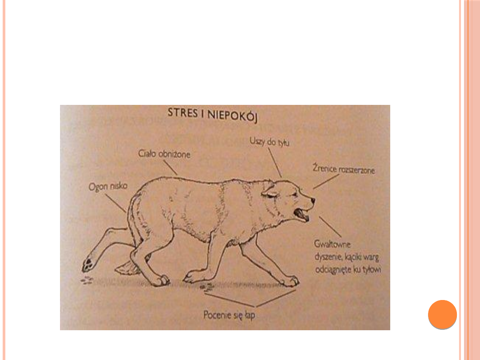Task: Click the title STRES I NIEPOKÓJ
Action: click(x=212, y=115)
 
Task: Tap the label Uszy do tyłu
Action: click(x=269, y=142)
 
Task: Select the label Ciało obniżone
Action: click(x=164, y=154)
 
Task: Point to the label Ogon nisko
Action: click(x=108, y=186)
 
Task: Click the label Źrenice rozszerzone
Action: click(x=344, y=169)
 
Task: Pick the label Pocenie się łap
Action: click(x=229, y=315)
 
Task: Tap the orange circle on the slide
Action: click(x=442, y=314)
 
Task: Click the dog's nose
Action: click(x=312, y=200)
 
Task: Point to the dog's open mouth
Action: click(x=301, y=214)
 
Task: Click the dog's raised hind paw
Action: click(x=89, y=264)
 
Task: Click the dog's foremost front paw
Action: click(x=290, y=281)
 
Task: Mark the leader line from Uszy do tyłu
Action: click(x=275, y=163)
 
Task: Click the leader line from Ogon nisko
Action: click(x=116, y=202)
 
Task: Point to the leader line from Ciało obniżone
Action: click(x=170, y=168)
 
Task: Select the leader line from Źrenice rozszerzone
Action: click(x=326, y=181)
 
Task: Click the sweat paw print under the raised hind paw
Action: click(x=87, y=280)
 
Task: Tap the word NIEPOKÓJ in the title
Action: click(x=232, y=116)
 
